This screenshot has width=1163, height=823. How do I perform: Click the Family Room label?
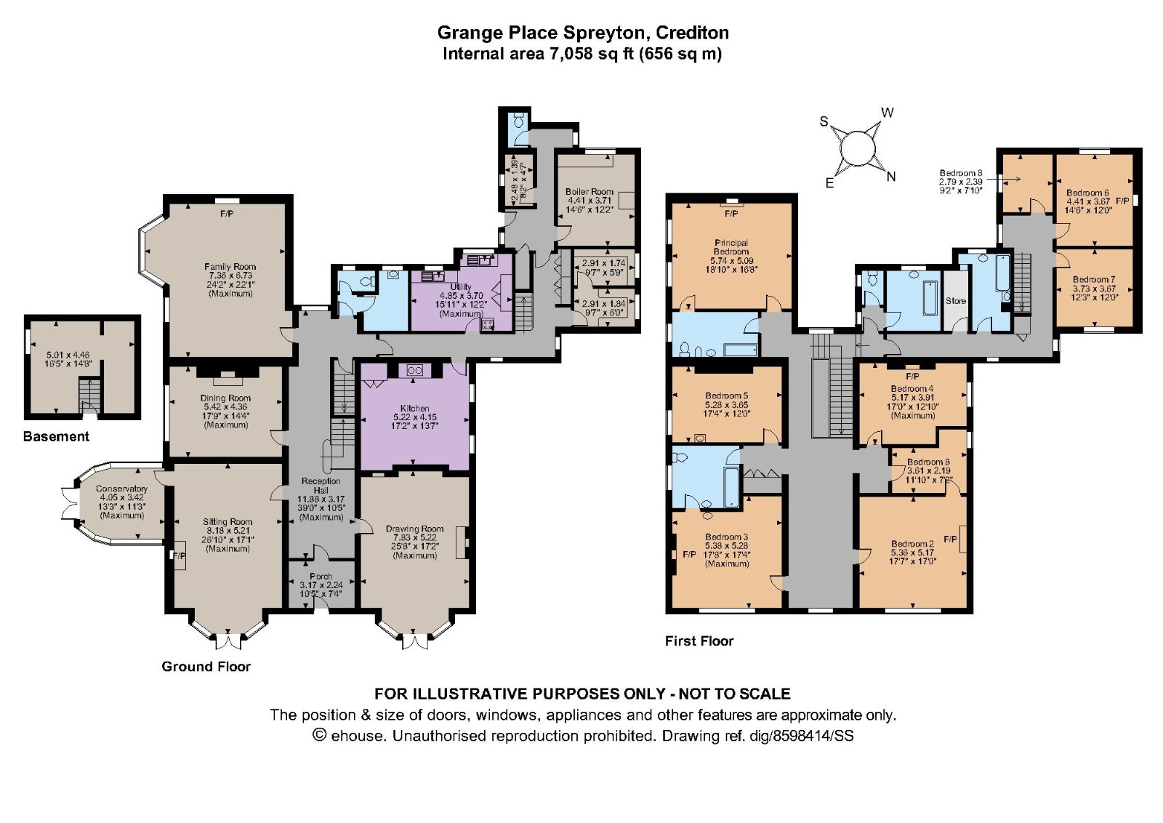(230, 267)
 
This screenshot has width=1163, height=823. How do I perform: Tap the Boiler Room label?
(589, 192)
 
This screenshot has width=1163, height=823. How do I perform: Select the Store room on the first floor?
(956, 301)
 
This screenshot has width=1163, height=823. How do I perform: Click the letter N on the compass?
(891, 177)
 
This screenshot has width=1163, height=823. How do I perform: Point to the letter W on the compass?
(888, 113)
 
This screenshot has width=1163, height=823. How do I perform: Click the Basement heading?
(56, 437)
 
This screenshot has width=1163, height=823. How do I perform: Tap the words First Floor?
(699, 641)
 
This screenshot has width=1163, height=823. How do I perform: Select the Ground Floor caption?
(206, 667)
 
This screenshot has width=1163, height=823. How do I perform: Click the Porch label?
(321, 577)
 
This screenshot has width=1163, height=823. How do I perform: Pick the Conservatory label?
(121, 489)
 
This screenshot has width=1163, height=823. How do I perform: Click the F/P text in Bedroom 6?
(1122, 201)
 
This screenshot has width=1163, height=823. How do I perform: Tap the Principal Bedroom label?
(731, 247)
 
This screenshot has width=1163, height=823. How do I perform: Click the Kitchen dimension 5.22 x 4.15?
(414, 417)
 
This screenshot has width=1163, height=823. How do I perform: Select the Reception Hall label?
(321, 486)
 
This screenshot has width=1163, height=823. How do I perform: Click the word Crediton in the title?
(692, 33)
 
